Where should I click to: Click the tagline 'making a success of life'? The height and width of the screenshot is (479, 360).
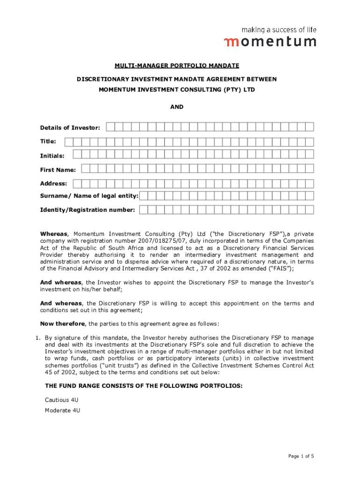click(279, 29)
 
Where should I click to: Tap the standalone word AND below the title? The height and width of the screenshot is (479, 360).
click(177, 107)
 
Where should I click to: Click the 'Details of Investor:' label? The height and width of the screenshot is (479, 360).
click(70, 127)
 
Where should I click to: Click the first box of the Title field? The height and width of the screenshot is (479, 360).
click(69, 141)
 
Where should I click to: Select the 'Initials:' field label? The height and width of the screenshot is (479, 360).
click(52, 155)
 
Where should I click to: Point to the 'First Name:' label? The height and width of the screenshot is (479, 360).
click(58, 169)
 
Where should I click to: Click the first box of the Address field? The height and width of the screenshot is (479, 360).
click(77, 183)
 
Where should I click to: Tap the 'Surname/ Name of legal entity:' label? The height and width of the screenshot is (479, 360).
click(89, 196)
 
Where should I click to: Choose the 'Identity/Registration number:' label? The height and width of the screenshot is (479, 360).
click(88, 210)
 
